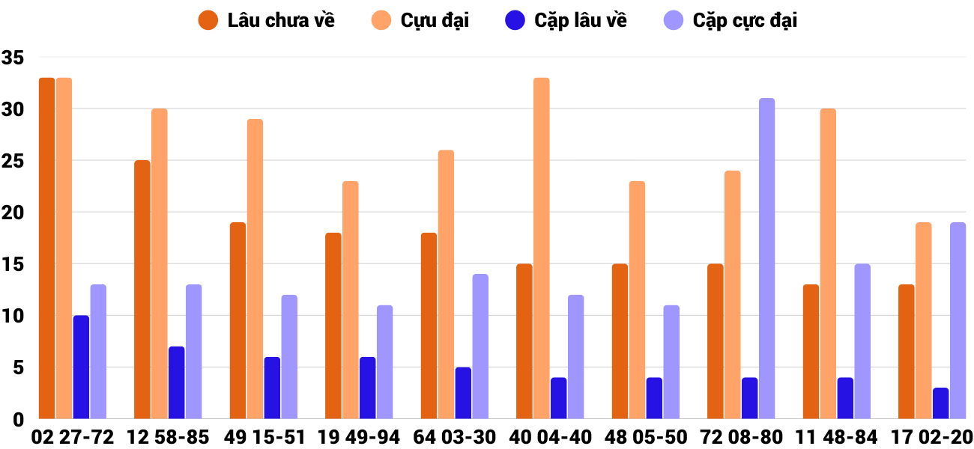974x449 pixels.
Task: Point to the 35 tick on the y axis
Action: (x=13, y=58)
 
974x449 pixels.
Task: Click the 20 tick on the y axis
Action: (x=13, y=213)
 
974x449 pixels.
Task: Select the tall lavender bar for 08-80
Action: (x=766, y=258)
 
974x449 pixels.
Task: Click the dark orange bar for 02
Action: (x=46, y=248)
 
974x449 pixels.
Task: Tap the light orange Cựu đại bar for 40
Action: (x=542, y=248)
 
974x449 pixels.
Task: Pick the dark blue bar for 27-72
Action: (x=81, y=367)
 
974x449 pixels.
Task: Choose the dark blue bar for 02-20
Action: (x=941, y=403)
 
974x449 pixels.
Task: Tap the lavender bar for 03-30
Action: (x=480, y=346)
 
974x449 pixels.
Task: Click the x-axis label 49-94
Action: (x=372, y=437)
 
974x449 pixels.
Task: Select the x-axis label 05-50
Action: (x=659, y=437)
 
